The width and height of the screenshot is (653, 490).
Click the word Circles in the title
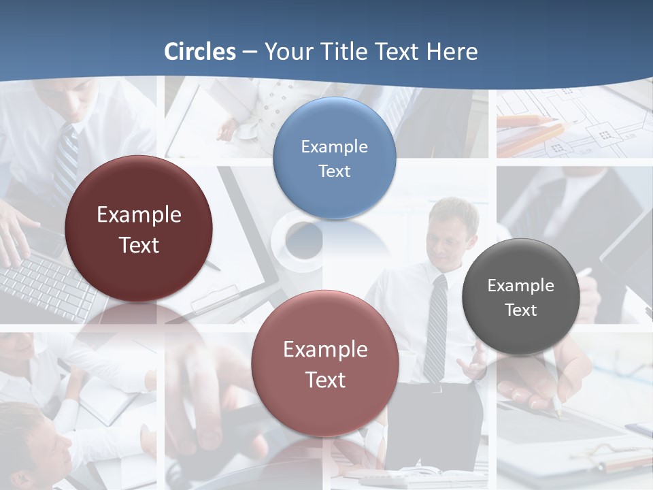[x=200, y=52]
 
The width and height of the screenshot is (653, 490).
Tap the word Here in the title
[x=452, y=52]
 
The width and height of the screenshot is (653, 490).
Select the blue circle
[x=334, y=158]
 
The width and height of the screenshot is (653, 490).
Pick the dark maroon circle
[x=139, y=229]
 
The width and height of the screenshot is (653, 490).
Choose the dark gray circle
[x=520, y=297]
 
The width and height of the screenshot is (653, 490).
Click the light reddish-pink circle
[x=325, y=364]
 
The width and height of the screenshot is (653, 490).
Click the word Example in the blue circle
[x=334, y=147]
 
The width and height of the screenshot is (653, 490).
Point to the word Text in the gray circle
[x=521, y=310]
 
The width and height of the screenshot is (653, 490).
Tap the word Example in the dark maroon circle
[x=139, y=215]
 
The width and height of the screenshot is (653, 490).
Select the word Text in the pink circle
[x=325, y=380]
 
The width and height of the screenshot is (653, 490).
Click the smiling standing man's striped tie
[x=435, y=327]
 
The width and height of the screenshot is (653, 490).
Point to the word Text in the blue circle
[x=334, y=171]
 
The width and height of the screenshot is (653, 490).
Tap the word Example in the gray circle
[x=520, y=286]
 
